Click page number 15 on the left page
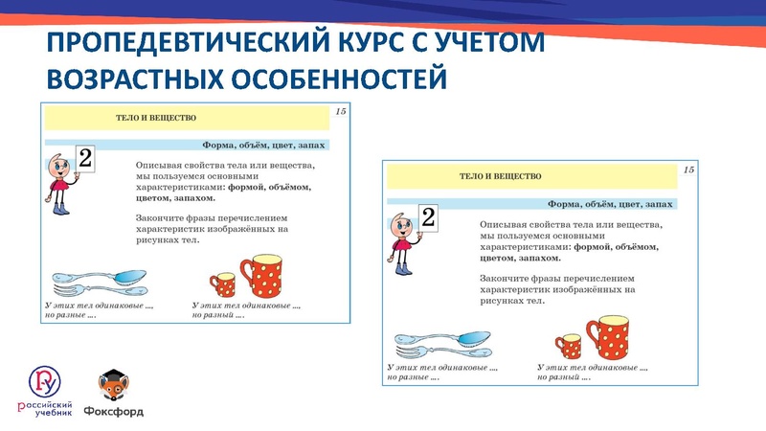[x=339, y=112]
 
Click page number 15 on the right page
[x=687, y=170]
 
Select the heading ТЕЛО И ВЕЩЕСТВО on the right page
[x=501, y=176]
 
